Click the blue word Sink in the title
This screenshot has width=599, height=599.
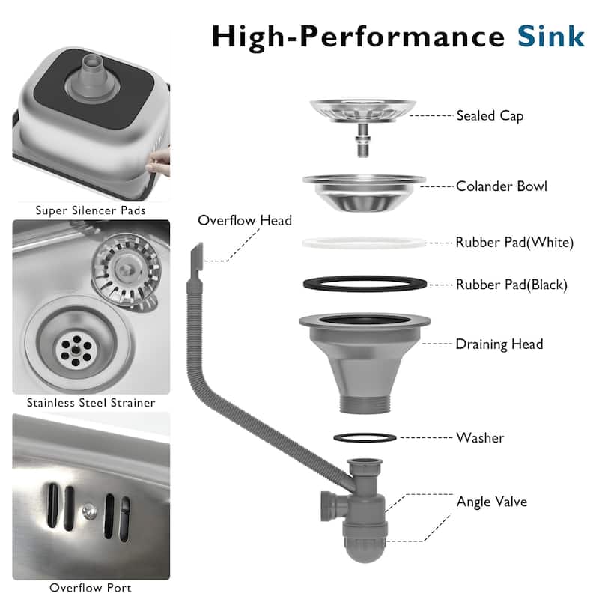(550, 37)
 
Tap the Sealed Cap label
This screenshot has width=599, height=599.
(490, 115)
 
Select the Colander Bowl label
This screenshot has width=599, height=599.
(501, 186)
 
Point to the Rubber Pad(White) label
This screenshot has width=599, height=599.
(514, 242)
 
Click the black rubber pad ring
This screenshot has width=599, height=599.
(365, 278)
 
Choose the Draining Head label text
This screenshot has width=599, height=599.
(499, 344)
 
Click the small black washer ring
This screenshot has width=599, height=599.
(365, 434)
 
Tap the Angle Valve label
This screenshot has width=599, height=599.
(492, 501)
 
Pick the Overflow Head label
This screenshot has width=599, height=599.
(245, 220)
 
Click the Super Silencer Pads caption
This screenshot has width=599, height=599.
(91, 210)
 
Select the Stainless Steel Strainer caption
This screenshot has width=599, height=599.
(91, 403)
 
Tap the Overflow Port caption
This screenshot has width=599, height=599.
(90, 588)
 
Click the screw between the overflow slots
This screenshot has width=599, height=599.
(89, 511)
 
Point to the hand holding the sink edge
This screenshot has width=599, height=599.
(158, 162)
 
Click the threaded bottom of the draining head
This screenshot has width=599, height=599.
(365, 404)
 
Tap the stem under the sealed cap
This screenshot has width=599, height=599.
(362, 140)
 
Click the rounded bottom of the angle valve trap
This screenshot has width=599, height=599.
(365, 551)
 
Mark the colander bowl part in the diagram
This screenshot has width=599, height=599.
(364, 193)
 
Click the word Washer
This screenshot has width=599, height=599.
(480, 438)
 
